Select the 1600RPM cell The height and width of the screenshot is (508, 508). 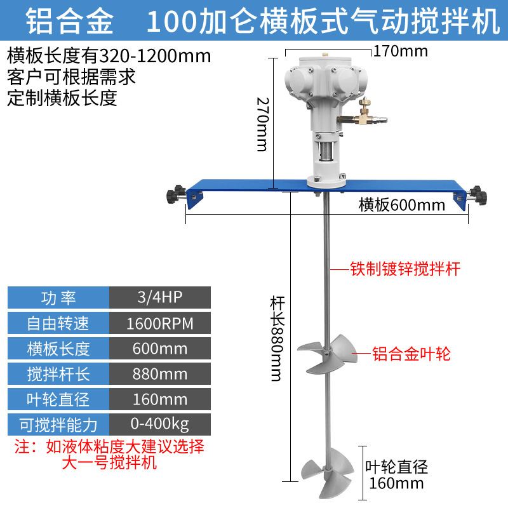pyautogui.click(x=160, y=323)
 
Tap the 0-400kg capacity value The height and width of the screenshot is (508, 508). pyautogui.click(x=160, y=424)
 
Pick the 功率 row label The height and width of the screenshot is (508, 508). pyautogui.click(x=58, y=298)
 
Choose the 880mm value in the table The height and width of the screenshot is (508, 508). pyautogui.click(x=160, y=373)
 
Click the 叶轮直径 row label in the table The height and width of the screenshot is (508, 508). pyautogui.click(x=58, y=399)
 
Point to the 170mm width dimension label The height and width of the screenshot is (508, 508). pyautogui.click(x=400, y=50)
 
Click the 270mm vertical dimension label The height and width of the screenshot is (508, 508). pyautogui.click(x=262, y=124)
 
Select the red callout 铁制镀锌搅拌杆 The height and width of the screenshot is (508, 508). pyautogui.click(x=405, y=269)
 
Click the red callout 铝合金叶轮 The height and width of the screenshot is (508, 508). pyautogui.click(x=411, y=354)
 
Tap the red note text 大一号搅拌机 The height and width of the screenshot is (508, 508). pyautogui.click(x=109, y=462)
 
